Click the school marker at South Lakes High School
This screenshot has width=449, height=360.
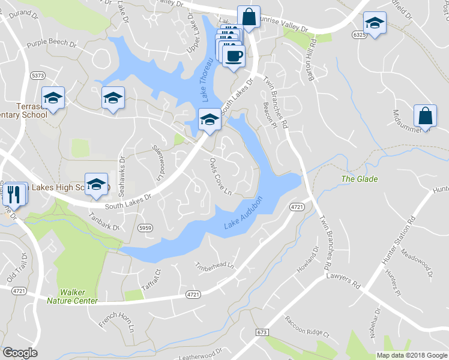pyautogui.click(x=95, y=185)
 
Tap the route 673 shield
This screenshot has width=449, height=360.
pyautogui.click(x=261, y=332)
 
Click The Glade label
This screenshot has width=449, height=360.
pyautogui.click(x=360, y=179)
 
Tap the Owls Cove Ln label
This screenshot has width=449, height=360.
pyautogui.click(x=220, y=176)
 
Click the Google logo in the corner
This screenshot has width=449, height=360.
pyautogui.click(x=20, y=353)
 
